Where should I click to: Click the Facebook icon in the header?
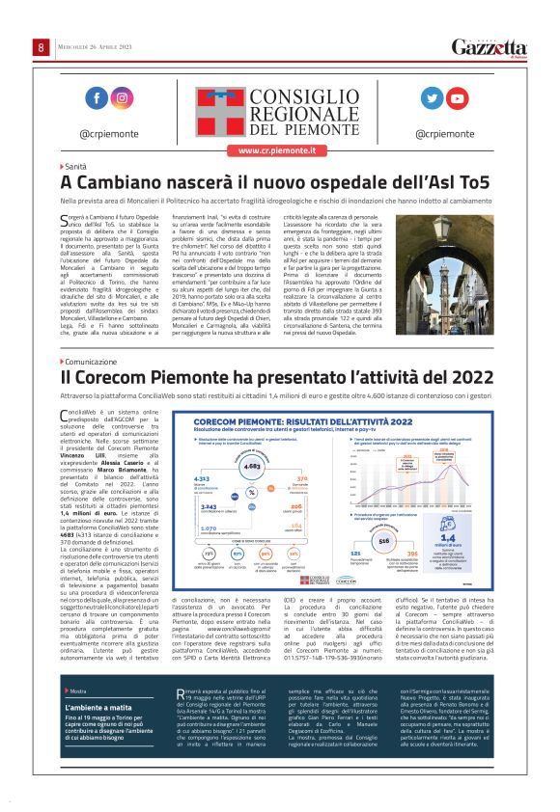pos(96,98)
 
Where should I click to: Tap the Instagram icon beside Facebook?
pos(121,98)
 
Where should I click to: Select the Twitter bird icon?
pos(433,98)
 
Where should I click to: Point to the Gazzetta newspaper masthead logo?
pos(491,48)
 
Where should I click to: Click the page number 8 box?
pos(42,47)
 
